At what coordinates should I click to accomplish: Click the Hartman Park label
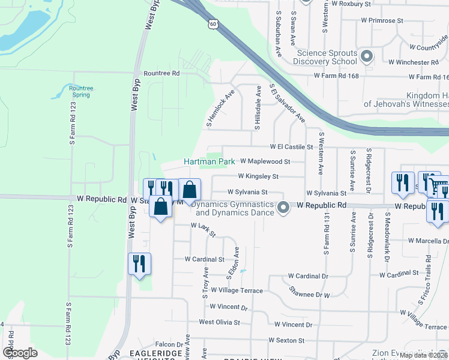point(209,161)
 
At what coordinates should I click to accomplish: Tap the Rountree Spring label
point(80,91)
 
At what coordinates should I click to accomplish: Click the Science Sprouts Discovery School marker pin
point(366,56)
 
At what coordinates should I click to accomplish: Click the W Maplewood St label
point(265,161)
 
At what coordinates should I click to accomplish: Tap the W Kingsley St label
point(258,176)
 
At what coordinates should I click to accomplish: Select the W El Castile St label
point(292,146)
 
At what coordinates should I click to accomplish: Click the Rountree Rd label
point(161,73)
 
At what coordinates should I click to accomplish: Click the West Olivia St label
point(219,322)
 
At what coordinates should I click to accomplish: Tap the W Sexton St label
point(286,340)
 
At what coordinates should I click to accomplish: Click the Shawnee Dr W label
point(310,295)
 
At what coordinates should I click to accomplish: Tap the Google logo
point(20,353)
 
